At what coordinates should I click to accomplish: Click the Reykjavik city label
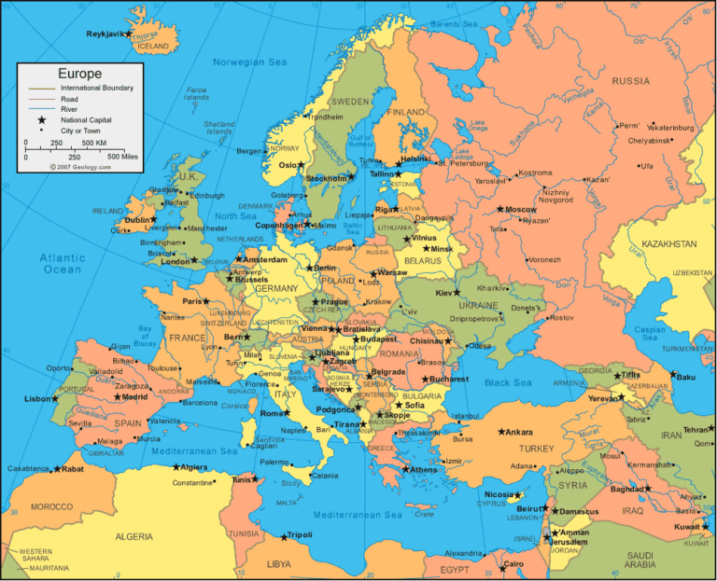[x=105, y=34]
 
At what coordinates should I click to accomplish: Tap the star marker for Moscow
[x=500, y=209]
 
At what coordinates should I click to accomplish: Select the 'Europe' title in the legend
[x=79, y=74]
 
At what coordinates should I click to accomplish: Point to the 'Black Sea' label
[x=508, y=382]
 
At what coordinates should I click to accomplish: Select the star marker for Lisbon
[x=57, y=399]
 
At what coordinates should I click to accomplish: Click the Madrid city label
[x=135, y=396]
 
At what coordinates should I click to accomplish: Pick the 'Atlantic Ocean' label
[x=63, y=263]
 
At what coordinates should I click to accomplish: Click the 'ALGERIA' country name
[x=134, y=536]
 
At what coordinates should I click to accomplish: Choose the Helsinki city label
[x=415, y=159]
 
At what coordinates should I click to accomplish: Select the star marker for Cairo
[x=497, y=564]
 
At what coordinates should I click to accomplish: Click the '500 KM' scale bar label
[x=92, y=143]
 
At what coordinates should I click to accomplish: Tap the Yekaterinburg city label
[x=671, y=127]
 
